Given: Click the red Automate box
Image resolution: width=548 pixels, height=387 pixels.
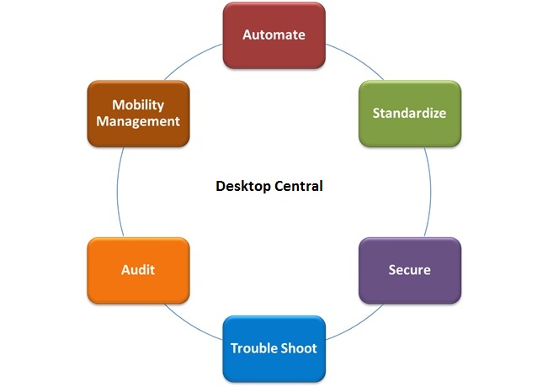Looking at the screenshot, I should tap(274, 35).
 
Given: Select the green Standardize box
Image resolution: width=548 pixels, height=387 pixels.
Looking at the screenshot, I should tap(410, 113).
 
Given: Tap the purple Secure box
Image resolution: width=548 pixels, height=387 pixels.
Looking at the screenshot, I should tap(410, 270).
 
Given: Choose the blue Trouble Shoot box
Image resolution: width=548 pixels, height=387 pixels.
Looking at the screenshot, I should tap(274, 347).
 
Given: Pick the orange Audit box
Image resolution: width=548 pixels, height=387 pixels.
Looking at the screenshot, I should tap(137, 270).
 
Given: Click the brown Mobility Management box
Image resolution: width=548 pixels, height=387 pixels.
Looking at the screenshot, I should tap(137, 113).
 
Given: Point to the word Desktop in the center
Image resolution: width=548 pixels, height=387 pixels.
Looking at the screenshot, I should tap(241, 186).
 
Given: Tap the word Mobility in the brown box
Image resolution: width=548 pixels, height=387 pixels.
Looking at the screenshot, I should tap(138, 105).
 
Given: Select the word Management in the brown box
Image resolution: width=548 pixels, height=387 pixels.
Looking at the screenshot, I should tap(138, 121).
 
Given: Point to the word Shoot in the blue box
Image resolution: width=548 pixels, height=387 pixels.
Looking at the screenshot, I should tap(300, 347).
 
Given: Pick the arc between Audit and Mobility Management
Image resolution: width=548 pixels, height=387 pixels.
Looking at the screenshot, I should tap(117, 192).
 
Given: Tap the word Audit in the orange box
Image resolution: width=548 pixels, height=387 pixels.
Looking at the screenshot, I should tap(137, 270).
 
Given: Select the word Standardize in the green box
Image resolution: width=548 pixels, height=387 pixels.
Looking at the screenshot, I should tap(410, 113).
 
